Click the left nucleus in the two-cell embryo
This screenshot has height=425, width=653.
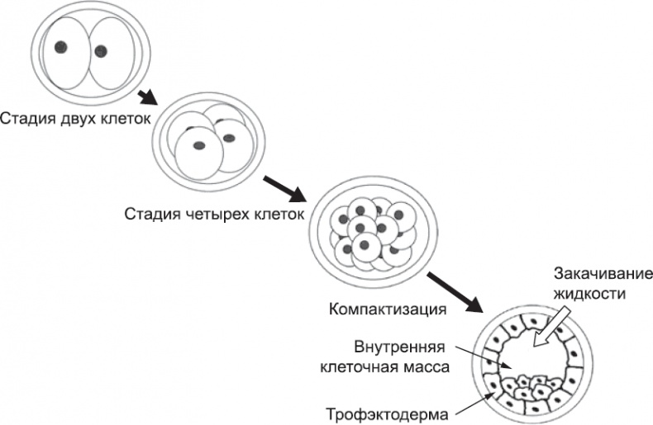(x=61, y=47)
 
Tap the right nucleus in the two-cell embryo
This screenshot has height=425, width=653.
(x=101, y=51)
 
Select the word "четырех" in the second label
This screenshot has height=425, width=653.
(x=213, y=215)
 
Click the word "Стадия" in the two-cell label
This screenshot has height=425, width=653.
(x=23, y=118)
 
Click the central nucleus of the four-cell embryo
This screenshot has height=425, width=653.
(x=198, y=145)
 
